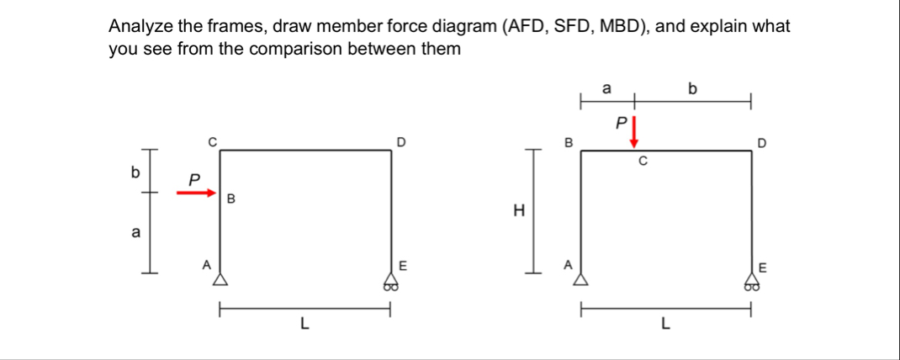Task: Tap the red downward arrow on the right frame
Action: click(x=634, y=132)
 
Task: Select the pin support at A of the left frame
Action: click(x=220, y=278)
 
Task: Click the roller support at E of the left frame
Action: click(x=389, y=281)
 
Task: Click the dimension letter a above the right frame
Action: click(x=606, y=87)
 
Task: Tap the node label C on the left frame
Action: click(x=212, y=140)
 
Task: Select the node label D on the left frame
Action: click(x=401, y=140)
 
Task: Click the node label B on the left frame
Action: click(x=230, y=199)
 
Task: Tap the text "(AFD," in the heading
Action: click(x=526, y=26)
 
